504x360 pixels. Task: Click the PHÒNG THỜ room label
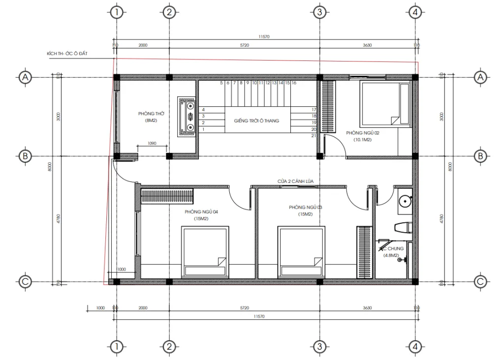pyautogui.click(x=151, y=114)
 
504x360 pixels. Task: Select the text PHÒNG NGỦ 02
pyautogui.click(x=362, y=133)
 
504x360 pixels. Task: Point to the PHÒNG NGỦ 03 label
pyautogui.click(x=306, y=208)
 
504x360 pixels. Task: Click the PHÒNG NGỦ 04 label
pyautogui.click(x=201, y=211)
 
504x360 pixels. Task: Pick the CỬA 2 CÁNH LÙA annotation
pyautogui.click(x=295, y=181)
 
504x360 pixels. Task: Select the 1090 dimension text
pyautogui.click(x=152, y=144)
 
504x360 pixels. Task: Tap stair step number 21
pyautogui.click(x=314, y=135)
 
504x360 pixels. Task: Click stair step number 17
pyautogui.click(x=314, y=109)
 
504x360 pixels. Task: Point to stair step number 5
pyautogui.click(x=221, y=83)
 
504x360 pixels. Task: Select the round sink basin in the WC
pyautogui.click(x=405, y=201)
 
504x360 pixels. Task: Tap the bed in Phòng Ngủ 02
pyautogui.click(x=384, y=104)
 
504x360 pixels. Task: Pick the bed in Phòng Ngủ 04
pyautogui.click(x=205, y=251)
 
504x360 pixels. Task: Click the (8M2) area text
pyautogui.click(x=151, y=120)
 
